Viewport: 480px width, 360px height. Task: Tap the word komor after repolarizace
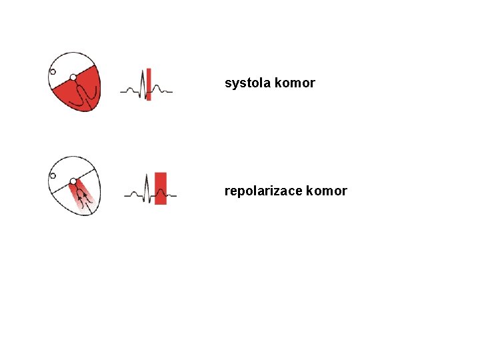click(327, 191)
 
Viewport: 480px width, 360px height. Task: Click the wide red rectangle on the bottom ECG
click(161, 188)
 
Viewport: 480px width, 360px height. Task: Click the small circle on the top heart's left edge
click(53, 71)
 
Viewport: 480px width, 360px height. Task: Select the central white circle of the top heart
click(73, 78)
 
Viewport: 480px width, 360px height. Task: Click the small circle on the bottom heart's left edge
click(53, 175)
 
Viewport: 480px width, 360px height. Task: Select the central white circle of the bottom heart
click(73, 181)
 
